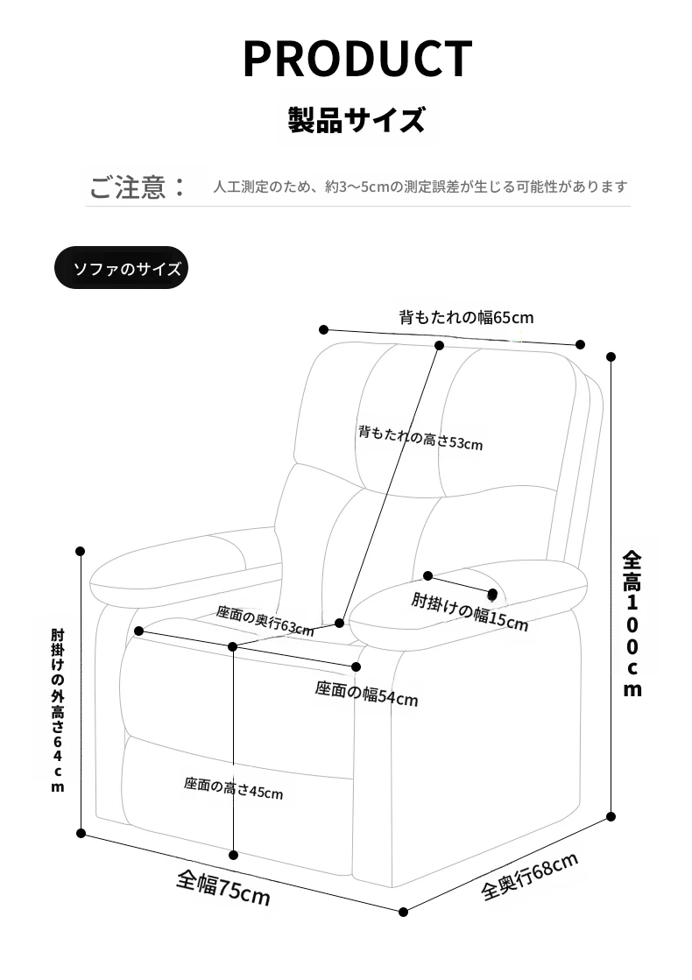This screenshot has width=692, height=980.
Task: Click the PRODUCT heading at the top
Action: [357, 58]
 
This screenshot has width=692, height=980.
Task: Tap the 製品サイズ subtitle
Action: [357, 118]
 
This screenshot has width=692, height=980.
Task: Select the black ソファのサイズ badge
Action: [122, 268]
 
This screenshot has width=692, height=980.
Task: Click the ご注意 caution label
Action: [138, 187]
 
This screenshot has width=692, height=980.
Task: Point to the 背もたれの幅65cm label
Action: [466, 317]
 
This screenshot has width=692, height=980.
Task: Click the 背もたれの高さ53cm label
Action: [420, 438]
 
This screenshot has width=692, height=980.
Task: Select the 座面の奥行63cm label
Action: [265, 620]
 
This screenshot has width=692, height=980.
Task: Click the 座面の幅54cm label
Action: [366, 694]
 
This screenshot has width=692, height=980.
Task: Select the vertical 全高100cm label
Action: [632, 623]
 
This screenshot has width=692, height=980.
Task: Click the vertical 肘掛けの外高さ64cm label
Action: [58, 709]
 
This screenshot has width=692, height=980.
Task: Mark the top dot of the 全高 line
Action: [611, 356]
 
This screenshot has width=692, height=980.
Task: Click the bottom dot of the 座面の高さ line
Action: [234, 855]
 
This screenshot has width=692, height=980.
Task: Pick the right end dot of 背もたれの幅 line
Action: [581, 344]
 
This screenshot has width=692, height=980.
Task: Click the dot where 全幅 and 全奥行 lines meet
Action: [404, 913]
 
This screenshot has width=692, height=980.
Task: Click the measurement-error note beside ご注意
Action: [420, 187]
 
